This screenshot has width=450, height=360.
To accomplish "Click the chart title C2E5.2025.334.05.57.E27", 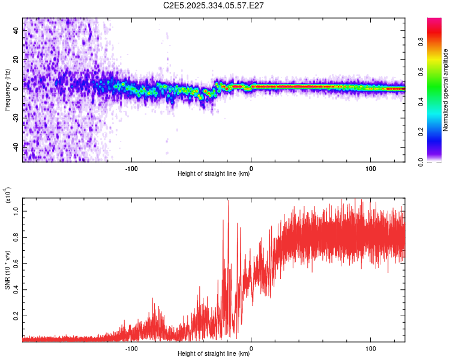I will tap(214, 5).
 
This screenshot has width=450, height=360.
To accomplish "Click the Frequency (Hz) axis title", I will tap(8, 90).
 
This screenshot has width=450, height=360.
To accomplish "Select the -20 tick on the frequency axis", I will tap(16, 118).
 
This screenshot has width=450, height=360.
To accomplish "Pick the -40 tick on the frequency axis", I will tap(16, 147).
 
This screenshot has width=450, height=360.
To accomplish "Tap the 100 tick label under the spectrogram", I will tap(371, 168).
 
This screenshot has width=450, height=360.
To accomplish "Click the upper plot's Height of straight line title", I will tap(214, 174).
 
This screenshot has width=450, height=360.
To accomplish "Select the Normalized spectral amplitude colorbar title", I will tap(446, 90).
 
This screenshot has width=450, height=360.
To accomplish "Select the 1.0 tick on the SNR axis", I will tap(17, 211).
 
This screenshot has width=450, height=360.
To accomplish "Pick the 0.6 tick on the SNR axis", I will tap(17, 263).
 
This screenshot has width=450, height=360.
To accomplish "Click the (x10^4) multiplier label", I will tap(8, 196).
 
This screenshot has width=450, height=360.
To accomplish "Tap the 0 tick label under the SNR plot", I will tap(251, 348).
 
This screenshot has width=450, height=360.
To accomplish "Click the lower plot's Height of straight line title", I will tap(214, 354).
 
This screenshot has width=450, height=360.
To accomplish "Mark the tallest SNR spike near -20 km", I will tap(228, 201).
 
